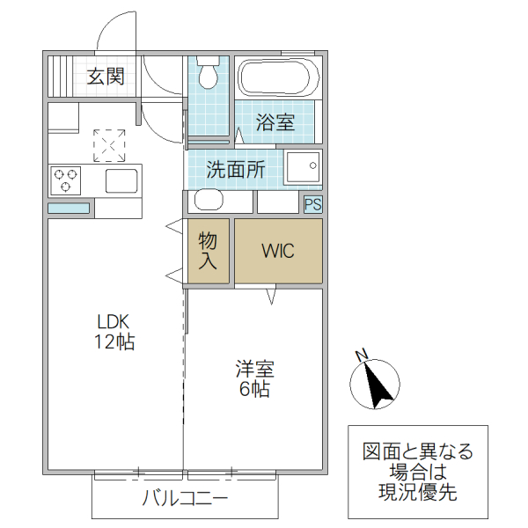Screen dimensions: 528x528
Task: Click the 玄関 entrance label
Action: click(x=105, y=77)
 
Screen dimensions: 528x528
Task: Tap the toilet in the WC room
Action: click(x=209, y=75)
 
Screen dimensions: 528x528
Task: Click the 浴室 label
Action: click(x=275, y=122)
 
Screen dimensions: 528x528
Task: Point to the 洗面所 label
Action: click(x=235, y=170)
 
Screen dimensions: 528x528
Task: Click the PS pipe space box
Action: click(x=312, y=204)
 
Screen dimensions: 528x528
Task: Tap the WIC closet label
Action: click(x=278, y=251)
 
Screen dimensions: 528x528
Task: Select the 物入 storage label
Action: click(x=207, y=251)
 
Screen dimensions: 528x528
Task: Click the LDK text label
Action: click(x=114, y=322)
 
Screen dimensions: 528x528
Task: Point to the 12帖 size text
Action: click(x=114, y=342)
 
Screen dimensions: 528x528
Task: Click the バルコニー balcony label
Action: click(x=185, y=500)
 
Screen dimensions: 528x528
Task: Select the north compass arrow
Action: click(x=378, y=385)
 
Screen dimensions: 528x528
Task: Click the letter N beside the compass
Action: click(x=361, y=356)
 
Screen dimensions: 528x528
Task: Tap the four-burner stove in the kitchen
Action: click(x=66, y=180)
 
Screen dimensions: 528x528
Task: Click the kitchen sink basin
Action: click(x=121, y=181)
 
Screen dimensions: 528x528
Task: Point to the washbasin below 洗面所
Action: click(x=209, y=201)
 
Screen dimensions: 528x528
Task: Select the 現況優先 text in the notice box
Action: click(x=417, y=493)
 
